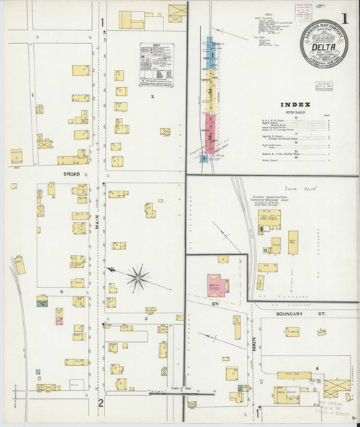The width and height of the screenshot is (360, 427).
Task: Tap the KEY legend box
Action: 158,66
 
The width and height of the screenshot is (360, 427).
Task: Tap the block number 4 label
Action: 62,292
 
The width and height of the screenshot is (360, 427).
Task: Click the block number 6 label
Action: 317,367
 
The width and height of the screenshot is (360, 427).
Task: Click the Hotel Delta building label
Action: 292,392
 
